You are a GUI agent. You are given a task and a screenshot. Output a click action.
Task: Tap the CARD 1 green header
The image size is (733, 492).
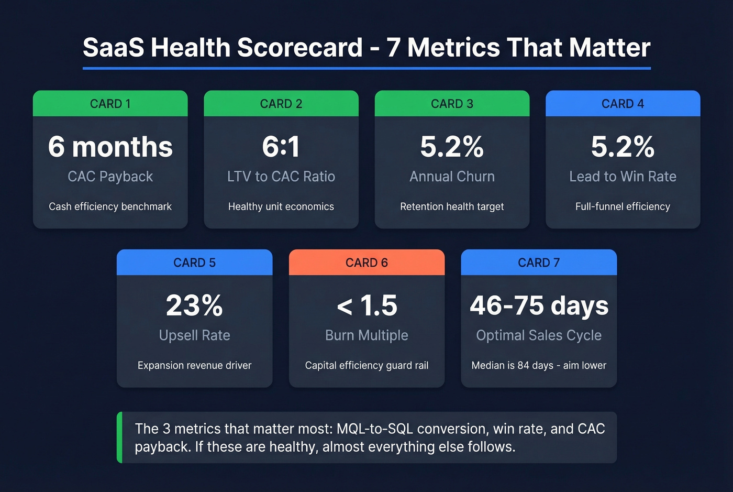[x=110, y=104]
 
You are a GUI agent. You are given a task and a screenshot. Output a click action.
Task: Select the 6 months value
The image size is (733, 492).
[x=110, y=147]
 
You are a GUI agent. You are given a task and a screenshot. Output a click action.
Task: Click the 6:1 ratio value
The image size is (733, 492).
[x=281, y=147]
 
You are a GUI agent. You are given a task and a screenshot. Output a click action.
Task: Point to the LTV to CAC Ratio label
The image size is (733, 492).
[x=281, y=177]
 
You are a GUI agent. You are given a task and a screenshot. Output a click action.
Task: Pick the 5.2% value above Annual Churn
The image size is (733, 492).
[x=452, y=147]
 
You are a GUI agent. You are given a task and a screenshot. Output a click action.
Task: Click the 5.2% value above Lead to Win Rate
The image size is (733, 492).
[x=623, y=147]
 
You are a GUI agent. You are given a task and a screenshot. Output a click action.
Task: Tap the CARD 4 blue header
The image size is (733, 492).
[x=623, y=104]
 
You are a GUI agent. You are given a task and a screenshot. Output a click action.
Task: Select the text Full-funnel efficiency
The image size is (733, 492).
[x=623, y=206]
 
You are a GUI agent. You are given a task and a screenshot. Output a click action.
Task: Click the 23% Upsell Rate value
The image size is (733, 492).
[x=194, y=305]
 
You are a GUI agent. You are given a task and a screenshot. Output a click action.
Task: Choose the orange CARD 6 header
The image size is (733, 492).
[x=366, y=263]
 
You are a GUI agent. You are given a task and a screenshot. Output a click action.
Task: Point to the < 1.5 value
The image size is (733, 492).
[x=366, y=305]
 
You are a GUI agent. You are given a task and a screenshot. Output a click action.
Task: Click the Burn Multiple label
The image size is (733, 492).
[x=366, y=335]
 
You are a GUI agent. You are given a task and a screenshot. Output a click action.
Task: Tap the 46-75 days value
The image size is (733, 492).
[x=539, y=305]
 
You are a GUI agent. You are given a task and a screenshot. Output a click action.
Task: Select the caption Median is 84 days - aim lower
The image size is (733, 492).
[x=539, y=365]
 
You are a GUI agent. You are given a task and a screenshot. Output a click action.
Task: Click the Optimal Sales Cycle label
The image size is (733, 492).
[x=539, y=335]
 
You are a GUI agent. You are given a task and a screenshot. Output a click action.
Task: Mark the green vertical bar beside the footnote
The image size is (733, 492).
[x=119, y=438]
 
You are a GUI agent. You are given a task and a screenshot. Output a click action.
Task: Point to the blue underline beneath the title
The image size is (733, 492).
[x=366, y=68]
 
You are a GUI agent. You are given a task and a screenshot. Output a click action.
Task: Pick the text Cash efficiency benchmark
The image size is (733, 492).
[x=110, y=206]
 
